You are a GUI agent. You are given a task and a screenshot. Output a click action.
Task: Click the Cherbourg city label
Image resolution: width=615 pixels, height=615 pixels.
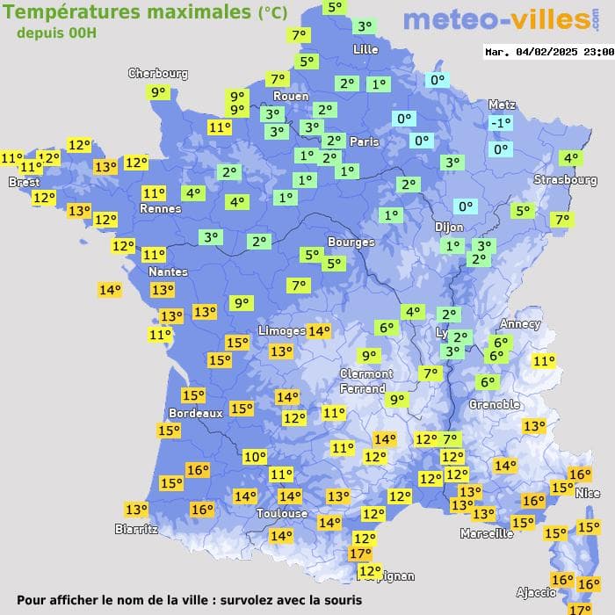pos(158,74)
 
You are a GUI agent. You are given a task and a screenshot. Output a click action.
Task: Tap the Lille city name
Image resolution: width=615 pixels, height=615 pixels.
pos(365,49)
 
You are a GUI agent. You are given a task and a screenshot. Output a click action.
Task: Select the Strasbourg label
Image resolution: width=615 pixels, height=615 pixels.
pos(566,180)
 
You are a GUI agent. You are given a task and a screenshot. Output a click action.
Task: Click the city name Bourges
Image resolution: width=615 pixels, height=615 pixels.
pos(351,242)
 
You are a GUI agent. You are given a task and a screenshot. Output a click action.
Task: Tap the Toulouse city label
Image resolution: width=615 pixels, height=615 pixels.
pos(282,513)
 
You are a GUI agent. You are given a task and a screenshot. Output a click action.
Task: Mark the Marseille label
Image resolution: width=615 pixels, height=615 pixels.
pos(487,533)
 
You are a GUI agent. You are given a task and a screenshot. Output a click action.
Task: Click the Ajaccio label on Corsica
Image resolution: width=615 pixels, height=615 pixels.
pos(537,592)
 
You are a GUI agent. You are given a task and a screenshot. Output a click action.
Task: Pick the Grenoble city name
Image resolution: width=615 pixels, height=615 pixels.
pos(495,404)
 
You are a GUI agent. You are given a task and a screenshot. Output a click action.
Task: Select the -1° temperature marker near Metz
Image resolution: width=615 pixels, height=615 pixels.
pos(501,123)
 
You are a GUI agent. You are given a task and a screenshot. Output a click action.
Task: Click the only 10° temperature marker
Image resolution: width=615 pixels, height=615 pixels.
pos(255,457)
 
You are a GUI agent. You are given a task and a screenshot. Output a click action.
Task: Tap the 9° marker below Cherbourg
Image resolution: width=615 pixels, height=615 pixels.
pos(158,92)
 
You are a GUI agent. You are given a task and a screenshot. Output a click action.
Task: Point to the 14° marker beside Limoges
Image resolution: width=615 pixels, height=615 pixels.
pos(319,331)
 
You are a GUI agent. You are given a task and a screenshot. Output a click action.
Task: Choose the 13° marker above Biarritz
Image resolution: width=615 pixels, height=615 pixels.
pos(136,510)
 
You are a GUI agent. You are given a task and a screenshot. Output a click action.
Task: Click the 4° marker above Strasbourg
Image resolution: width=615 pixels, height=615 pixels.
pos(571,158)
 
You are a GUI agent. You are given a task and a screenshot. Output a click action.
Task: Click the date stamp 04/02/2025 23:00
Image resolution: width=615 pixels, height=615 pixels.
pos(549,52)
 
